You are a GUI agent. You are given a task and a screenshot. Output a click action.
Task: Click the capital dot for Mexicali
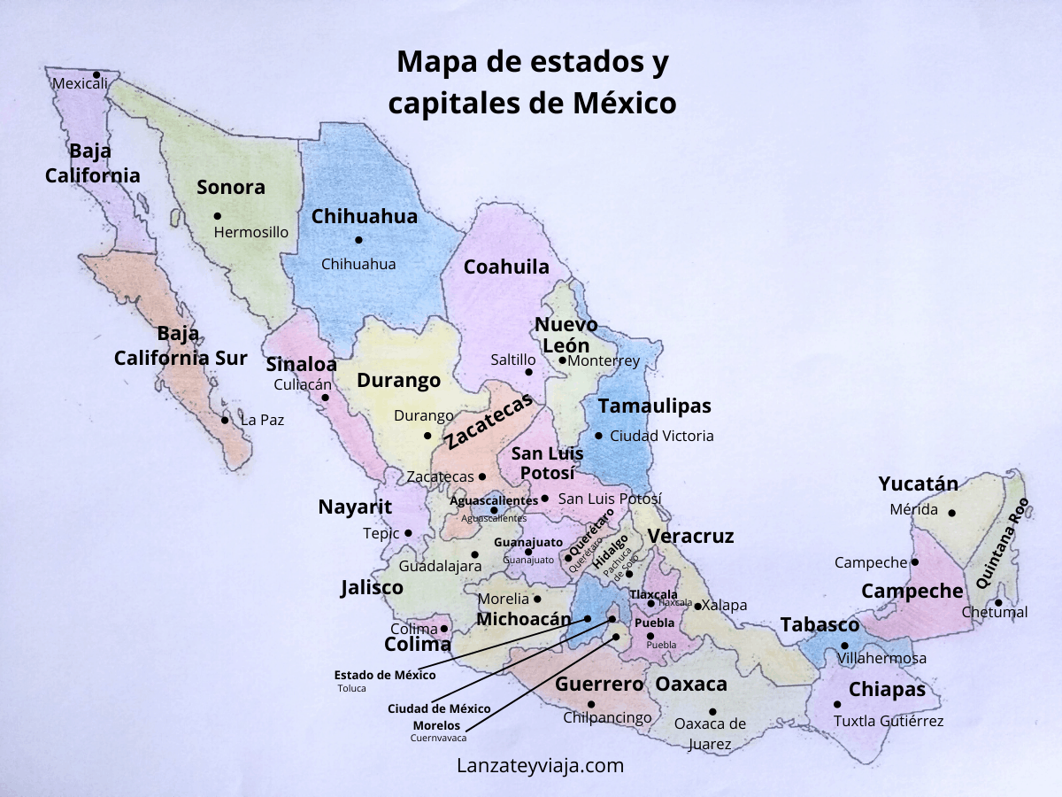pyautogui.click(x=96, y=74)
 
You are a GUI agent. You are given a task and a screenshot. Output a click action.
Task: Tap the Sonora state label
pyautogui.click(x=230, y=187)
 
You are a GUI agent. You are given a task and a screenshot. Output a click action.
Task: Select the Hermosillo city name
pyautogui.click(x=251, y=232)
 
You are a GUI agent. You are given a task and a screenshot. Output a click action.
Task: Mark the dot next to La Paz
pyautogui.click(x=225, y=420)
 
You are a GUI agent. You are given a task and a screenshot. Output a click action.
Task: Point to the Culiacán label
pyautogui.click(x=303, y=384)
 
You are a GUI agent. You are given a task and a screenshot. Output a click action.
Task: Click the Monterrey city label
pyautogui.click(x=604, y=360)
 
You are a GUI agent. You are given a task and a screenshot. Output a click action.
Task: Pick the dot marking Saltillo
pyautogui.click(x=528, y=372)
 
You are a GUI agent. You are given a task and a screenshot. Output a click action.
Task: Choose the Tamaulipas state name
pyautogui.click(x=654, y=406)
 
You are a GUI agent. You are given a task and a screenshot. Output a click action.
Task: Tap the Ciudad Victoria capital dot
pyautogui.click(x=598, y=436)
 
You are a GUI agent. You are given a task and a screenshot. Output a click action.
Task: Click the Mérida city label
pyautogui.click(x=914, y=509)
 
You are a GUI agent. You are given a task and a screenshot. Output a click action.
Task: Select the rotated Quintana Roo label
pyautogui.click(x=1003, y=544)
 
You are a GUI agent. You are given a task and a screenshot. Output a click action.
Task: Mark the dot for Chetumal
pyautogui.click(x=998, y=603)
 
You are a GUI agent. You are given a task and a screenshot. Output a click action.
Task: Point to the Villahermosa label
pyautogui.click(x=881, y=658)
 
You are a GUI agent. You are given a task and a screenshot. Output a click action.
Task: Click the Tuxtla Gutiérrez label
pyautogui.click(x=889, y=721)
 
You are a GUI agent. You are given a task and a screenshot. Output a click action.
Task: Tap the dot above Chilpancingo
pyautogui.click(x=591, y=705)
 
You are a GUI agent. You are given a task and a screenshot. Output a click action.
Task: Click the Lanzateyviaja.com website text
pyautogui.click(x=540, y=766)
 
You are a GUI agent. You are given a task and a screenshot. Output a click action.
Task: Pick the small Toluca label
pyautogui.click(x=351, y=688)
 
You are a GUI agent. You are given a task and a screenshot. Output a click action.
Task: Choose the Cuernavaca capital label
pyautogui.click(x=438, y=737)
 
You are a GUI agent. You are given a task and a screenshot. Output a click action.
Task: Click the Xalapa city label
pyautogui.click(x=724, y=606)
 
